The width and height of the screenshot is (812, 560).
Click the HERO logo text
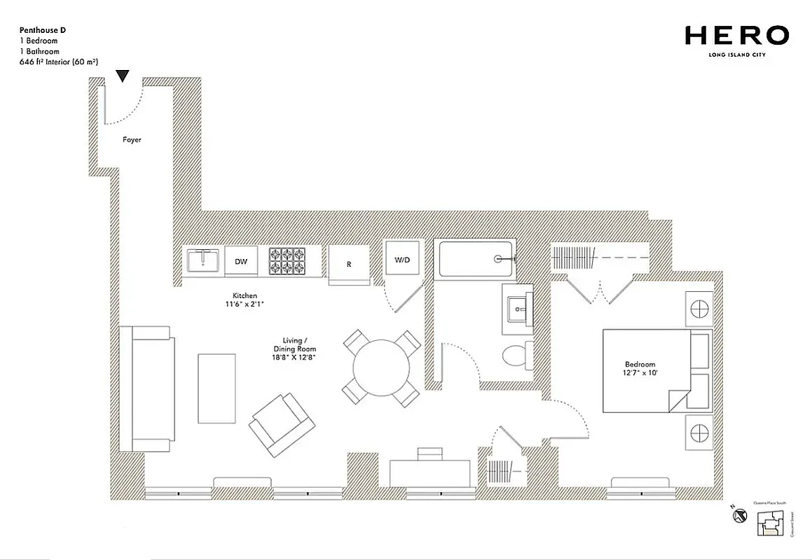tap(736, 35)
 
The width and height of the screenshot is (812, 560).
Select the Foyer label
tap(132, 140)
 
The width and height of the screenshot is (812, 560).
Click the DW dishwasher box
tap(241, 262)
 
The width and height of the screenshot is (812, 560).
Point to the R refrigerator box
tap(348, 264)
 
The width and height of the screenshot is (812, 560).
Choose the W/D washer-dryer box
tap(402, 260)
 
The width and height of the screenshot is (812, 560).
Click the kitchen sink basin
tap(204, 260)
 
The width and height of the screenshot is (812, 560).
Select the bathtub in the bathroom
tap(475, 259)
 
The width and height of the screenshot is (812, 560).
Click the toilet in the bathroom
tap(518, 353)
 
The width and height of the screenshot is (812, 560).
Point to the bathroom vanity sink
tap(518, 307)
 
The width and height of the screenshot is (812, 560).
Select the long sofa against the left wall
tap(146, 388)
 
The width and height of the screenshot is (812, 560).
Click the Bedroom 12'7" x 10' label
tap(640, 369)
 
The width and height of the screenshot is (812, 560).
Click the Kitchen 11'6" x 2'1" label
tap(245, 300)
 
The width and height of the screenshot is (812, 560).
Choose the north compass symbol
tap(739, 517)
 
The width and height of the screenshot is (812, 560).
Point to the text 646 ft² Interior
tap(58, 62)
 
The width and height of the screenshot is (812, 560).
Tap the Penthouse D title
tap(43, 31)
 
